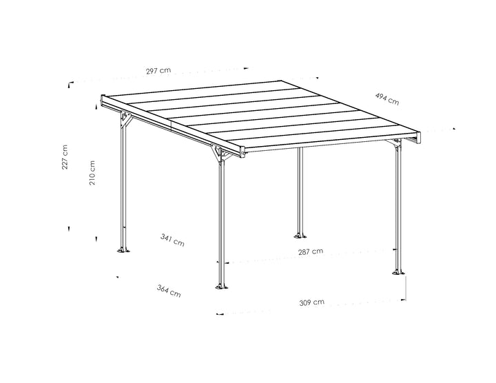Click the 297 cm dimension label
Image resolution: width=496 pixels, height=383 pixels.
click(158, 70)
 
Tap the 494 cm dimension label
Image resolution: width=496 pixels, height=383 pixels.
click(387, 99)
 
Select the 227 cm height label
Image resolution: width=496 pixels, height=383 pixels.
click(65, 157)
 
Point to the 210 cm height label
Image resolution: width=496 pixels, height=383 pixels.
click(92, 173)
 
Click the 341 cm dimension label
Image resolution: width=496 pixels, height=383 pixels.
click(172, 240)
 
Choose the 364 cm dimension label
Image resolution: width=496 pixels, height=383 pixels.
click(169, 291)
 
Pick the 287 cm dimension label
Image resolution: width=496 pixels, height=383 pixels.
click(311, 251)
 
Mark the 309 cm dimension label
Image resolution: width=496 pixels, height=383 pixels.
click(312, 302)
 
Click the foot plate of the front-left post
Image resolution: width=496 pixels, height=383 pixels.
click(221, 287)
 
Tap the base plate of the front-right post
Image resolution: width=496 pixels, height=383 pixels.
click(398, 271)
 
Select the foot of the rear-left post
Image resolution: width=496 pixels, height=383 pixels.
click(123, 250)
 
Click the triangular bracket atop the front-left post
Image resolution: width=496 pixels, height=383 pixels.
click(220, 153)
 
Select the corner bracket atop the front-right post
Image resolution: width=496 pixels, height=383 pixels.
click(395, 143)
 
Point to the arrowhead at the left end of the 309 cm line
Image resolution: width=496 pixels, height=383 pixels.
click(219, 314)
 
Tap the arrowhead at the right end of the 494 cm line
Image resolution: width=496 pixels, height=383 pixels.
click(454, 129)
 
